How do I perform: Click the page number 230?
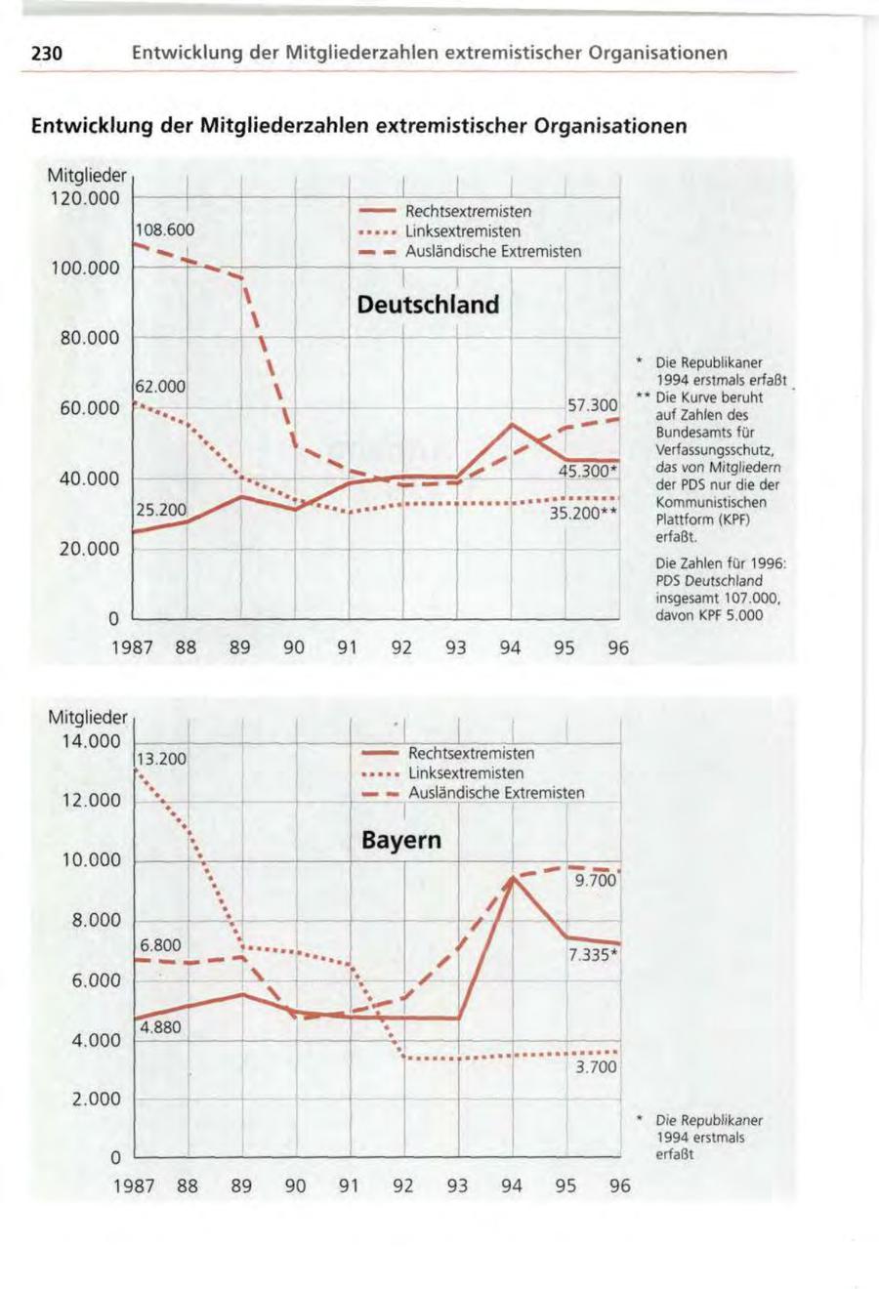[46, 53]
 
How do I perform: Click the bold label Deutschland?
[428, 305]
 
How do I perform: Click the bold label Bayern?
[401, 840]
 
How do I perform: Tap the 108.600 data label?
[166, 230]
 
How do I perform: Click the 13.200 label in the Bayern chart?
[161, 759]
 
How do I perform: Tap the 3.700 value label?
[596, 1067]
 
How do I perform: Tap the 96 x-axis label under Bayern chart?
[619, 1186]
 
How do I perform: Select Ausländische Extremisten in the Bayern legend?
[496, 793]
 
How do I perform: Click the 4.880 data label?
[159, 1027]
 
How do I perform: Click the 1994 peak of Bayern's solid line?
[513, 877]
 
